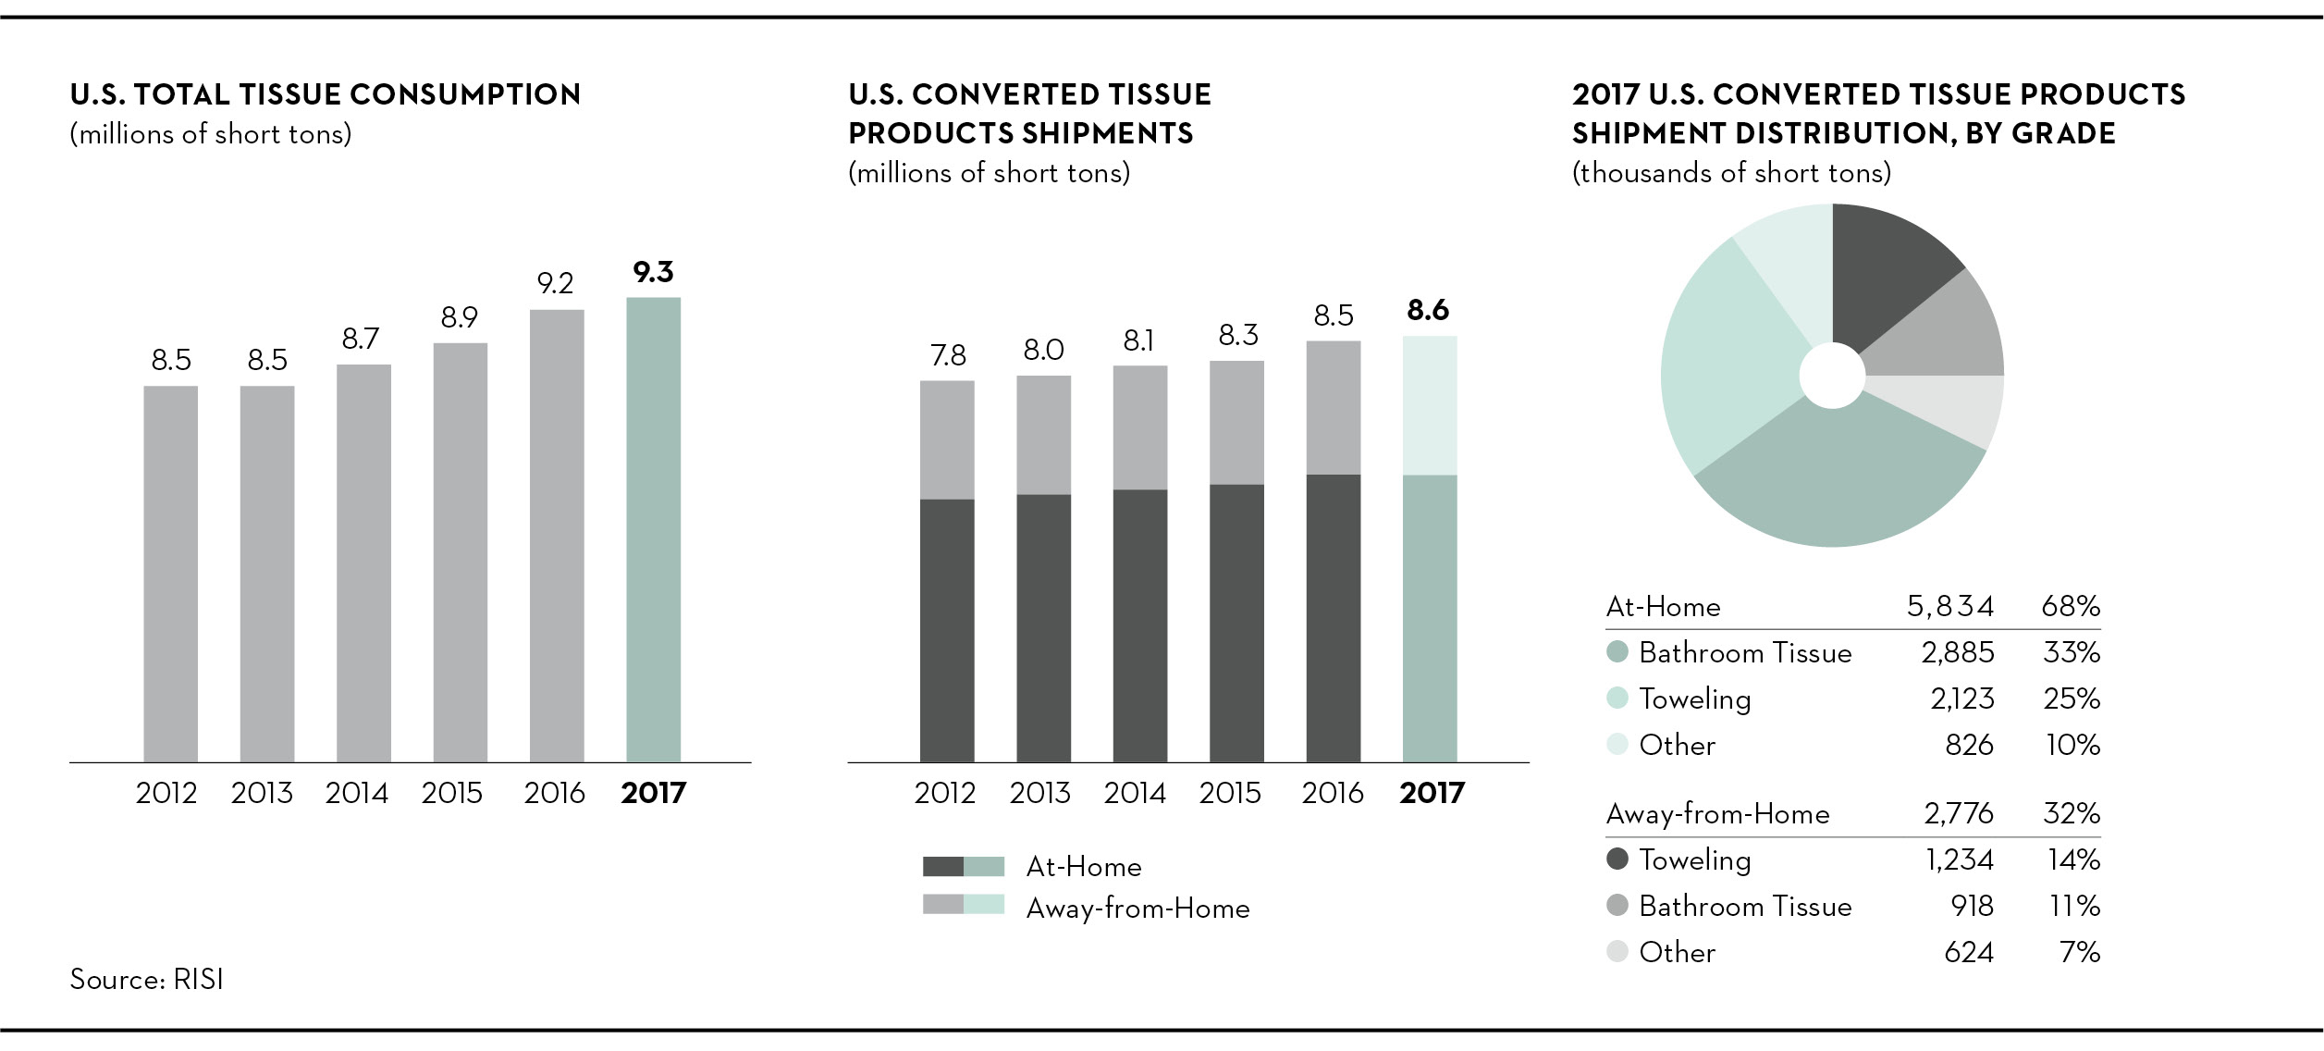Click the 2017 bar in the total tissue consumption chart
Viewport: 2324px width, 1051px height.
click(653, 529)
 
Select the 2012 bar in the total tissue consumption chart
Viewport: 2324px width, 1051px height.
click(170, 574)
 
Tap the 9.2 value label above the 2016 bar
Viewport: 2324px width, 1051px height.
click(555, 283)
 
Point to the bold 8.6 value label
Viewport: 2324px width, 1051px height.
click(1428, 310)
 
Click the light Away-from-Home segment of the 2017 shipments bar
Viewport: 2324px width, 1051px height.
click(1429, 405)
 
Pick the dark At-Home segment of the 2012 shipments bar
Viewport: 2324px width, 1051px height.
click(946, 631)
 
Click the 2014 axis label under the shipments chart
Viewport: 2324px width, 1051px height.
click(1135, 793)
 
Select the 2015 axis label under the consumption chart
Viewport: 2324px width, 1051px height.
click(452, 793)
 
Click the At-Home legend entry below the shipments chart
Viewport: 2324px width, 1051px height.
click(1084, 867)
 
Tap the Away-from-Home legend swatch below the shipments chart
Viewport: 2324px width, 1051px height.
click(963, 905)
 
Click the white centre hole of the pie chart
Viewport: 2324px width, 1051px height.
click(1832, 376)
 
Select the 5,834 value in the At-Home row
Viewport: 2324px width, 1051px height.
click(1950, 606)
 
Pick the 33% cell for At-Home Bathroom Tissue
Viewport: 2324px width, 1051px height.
click(2072, 653)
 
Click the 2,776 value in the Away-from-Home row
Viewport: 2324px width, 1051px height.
click(1959, 813)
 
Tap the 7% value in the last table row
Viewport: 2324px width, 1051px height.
click(2080, 952)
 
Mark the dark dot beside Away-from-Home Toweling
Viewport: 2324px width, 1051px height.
click(1617, 859)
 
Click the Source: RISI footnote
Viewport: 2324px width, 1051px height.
click(147, 980)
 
